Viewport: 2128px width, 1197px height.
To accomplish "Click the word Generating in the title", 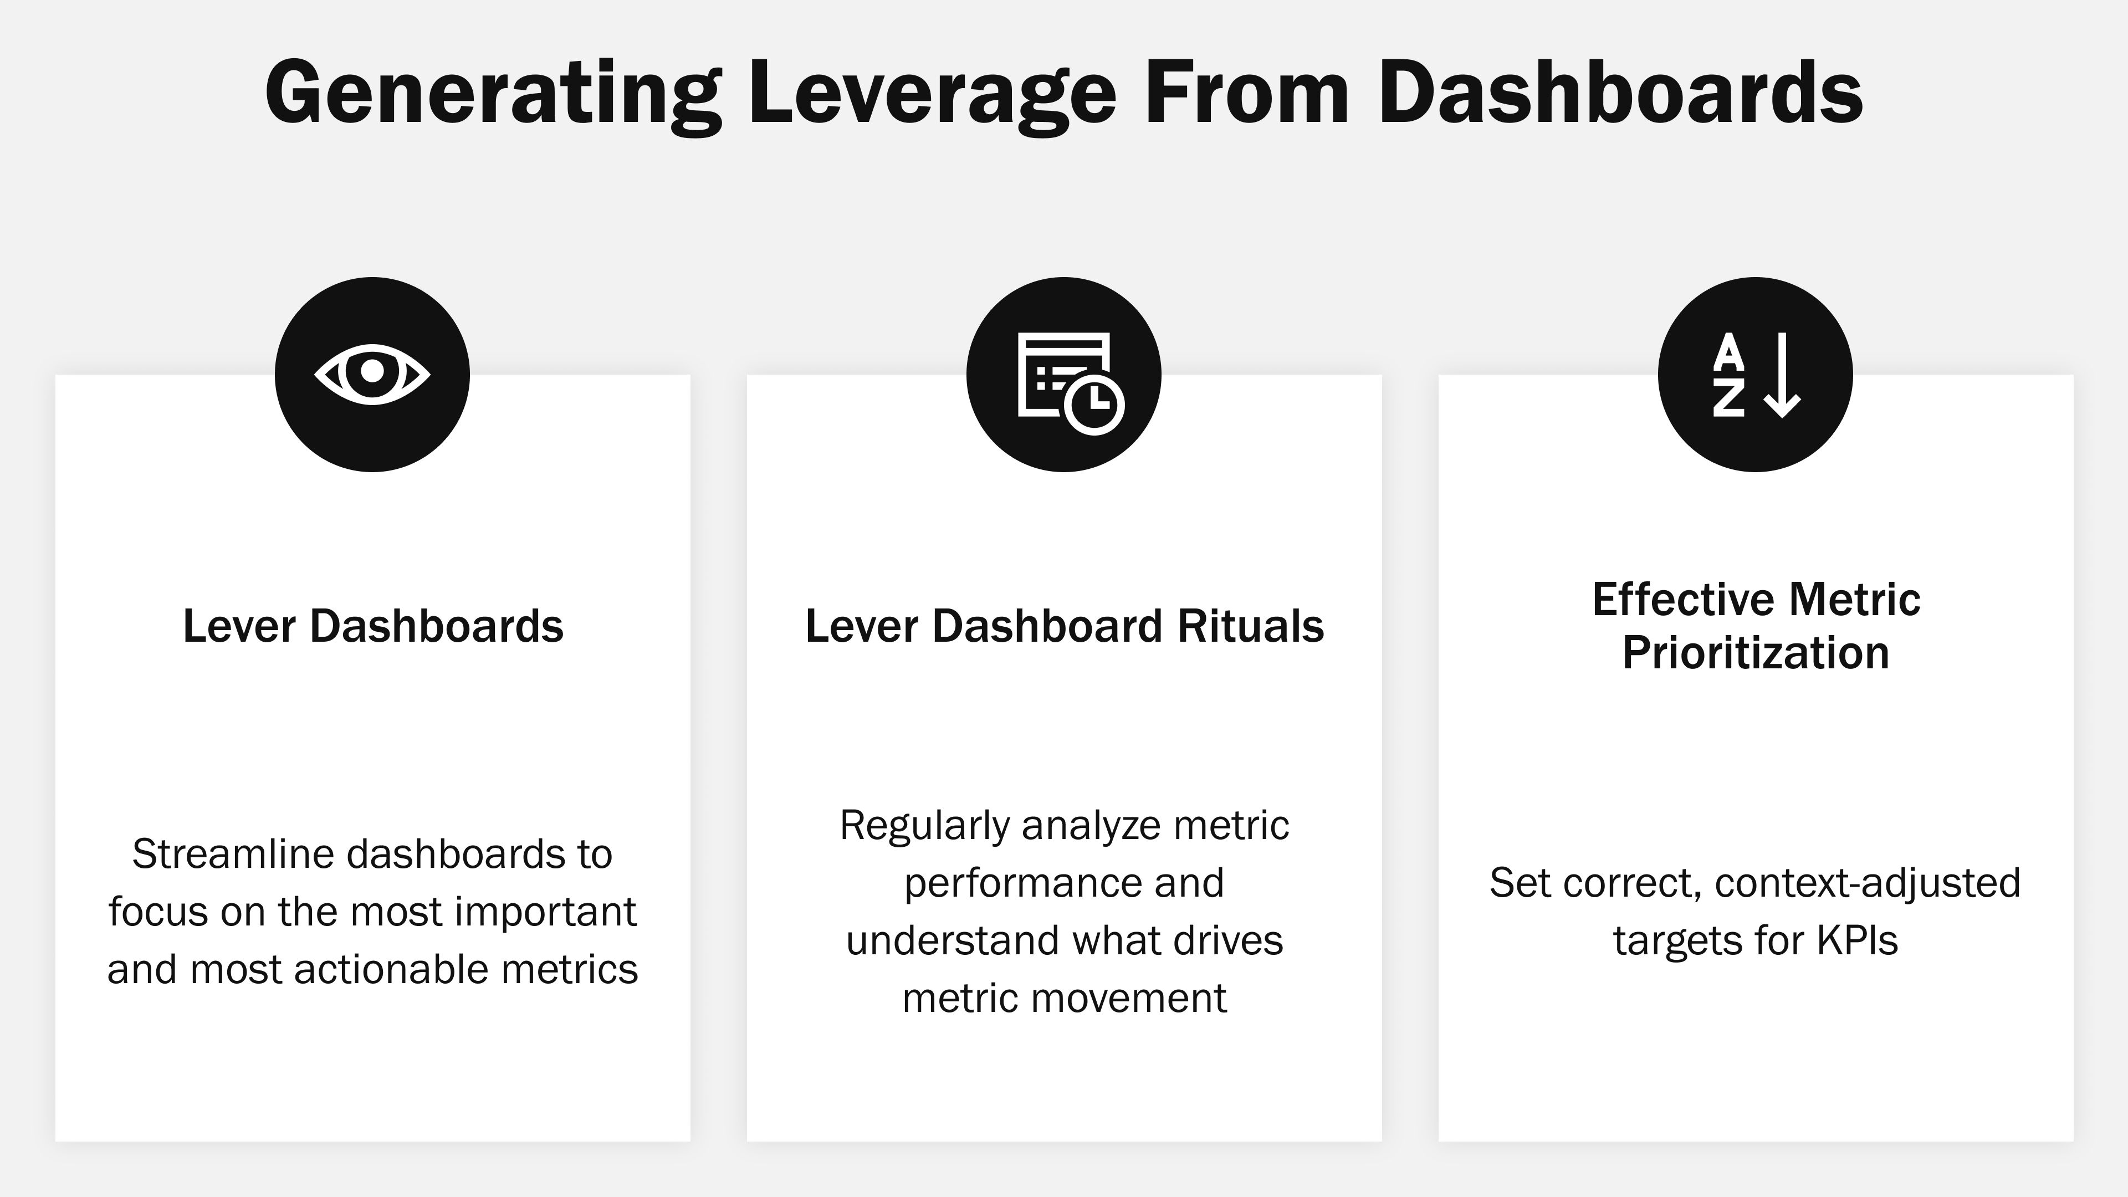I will tap(492, 93).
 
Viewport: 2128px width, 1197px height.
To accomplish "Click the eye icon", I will tap(372, 374).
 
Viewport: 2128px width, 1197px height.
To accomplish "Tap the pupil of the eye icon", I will tap(372, 371).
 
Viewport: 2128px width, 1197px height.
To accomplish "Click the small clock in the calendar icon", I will tap(1094, 404).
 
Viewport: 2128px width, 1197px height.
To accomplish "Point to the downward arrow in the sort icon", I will tap(1782, 376).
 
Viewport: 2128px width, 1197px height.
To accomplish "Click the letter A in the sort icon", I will tap(1728, 353).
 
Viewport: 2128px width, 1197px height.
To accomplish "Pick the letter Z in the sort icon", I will tap(1728, 399).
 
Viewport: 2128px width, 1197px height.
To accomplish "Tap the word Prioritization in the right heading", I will tap(1756, 653).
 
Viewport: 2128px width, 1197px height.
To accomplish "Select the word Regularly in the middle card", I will tap(924, 825).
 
